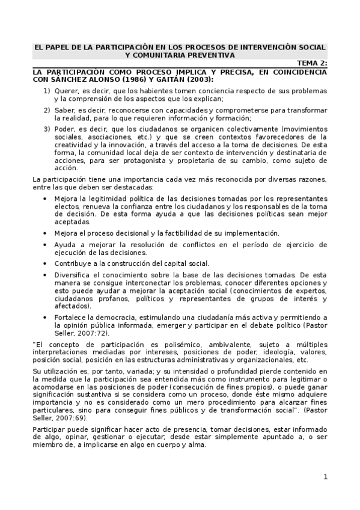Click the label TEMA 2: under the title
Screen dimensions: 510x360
point(311,63)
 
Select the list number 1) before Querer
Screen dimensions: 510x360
point(46,91)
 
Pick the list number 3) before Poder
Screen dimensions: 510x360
point(46,129)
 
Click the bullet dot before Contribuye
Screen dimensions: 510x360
point(46,263)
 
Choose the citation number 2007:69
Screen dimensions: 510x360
point(72,417)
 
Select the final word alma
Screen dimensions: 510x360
point(196,445)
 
